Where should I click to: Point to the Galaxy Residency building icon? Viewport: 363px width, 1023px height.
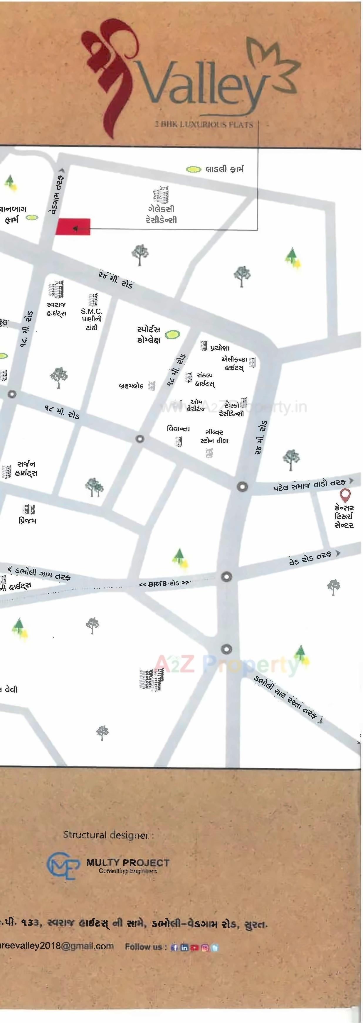(x=161, y=194)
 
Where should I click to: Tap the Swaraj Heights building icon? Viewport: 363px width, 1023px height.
(x=56, y=290)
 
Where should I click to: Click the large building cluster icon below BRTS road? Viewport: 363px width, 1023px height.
(x=152, y=679)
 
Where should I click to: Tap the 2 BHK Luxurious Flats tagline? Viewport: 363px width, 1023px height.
(x=204, y=124)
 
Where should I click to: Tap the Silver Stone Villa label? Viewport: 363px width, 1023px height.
(x=214, y=436)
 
